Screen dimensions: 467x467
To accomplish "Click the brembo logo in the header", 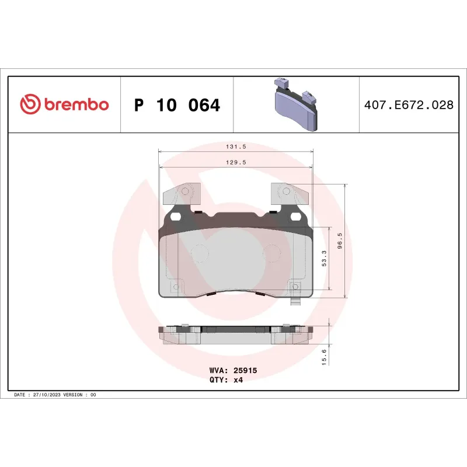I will pyautogui.click(x=64, y=104).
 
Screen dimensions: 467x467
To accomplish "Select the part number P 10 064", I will pyautogui.click(x=177, y=106).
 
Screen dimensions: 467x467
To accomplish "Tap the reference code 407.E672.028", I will pyautogui.click(x=408, y=106).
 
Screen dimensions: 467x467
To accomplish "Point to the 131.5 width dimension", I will pyautogui.click(x=235, y=148).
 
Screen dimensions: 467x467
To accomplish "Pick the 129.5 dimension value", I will pyautogui.click(x=235, y=163).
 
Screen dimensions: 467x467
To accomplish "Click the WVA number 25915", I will pyautogui.click(x=245, y=370).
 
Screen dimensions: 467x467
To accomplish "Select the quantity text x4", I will pyautogui.click(x=238, y=379).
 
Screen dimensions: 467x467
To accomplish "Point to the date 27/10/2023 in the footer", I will pyautogui.click(x=48, y=395).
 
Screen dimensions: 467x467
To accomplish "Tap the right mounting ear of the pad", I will pyautogui.click(x=287, y=194).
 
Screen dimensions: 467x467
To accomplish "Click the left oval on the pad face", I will pyautogui.click(x=200, y=252).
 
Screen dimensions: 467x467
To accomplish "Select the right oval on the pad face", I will pyautogui.click(x=272, y=252).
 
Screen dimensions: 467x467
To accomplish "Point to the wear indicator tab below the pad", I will pyautogui.click(x=295, y=302).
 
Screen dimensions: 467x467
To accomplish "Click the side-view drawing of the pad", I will pyautogui.click(x=236, y=335).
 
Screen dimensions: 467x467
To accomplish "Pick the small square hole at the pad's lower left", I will pyautogui.click(x=177, y=287).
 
